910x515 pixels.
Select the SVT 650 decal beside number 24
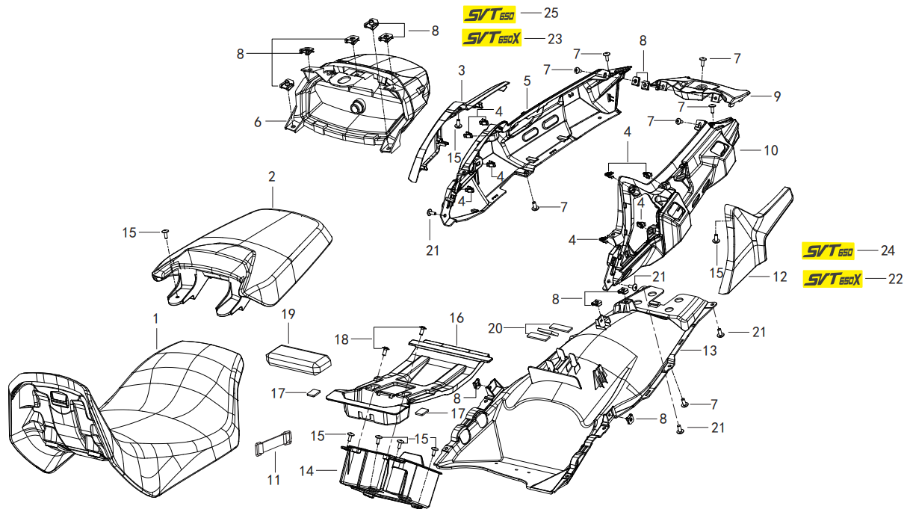pyautogui.click(x=828, y=251)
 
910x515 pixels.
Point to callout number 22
pyautogui.click(x=895, y=279)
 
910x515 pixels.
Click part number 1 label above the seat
pyautogui.click(x=155, y=318)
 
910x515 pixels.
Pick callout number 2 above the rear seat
pyautogui.click(x=272, y=177)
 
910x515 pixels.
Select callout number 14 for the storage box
pyautogui.click(x=306, y=471)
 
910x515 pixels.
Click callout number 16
pyautogui.click(x=456, y=318)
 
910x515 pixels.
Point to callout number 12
pyautogui.click(x=779, y=277)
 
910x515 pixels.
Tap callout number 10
pyautogui.click(x=770, y=150)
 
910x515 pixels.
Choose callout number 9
pyautogui.click(x=777, y=96)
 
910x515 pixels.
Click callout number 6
pyautogui.click(x=258, y=122)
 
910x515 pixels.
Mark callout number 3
pyautogui.click(x=462, y=70)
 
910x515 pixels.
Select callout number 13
pyautogui.click(x=710, y=350)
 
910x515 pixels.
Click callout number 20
pyautogui.click(x=495, y=327)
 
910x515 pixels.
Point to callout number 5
pyautogui.click(x=527, y=80)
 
